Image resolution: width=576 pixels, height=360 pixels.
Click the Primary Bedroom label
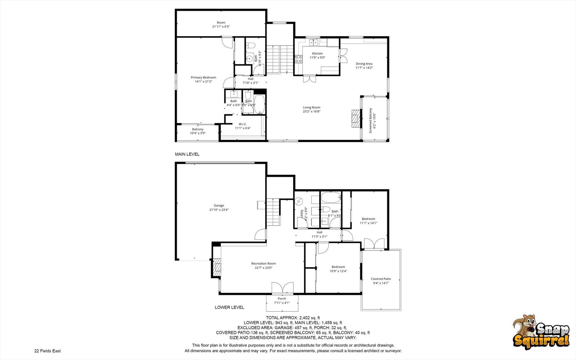[203, 77]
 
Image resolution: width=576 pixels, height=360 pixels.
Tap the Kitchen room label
[317, 53]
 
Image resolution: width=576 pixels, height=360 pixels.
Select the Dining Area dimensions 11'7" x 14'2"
[364, 68]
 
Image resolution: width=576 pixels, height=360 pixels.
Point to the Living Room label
[311, 107]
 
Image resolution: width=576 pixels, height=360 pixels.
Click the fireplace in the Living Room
[356, 119]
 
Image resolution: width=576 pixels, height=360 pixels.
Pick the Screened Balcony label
[370, 120]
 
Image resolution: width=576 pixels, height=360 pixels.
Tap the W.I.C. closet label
[243, 124]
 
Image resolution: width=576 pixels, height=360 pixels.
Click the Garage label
[219, 205]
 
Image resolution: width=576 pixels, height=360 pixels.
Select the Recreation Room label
[264, 263]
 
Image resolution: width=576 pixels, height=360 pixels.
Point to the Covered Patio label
[381, 279]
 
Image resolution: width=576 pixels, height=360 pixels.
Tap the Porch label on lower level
[282, 298]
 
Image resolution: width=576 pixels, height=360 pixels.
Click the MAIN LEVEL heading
[187, 154]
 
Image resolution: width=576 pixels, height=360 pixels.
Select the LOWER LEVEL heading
[230, 307]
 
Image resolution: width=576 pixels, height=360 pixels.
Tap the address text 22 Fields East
[47, 351]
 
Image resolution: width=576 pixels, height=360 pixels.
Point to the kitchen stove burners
[298, 59]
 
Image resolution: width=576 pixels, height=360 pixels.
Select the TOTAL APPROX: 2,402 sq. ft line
[293, 318]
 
